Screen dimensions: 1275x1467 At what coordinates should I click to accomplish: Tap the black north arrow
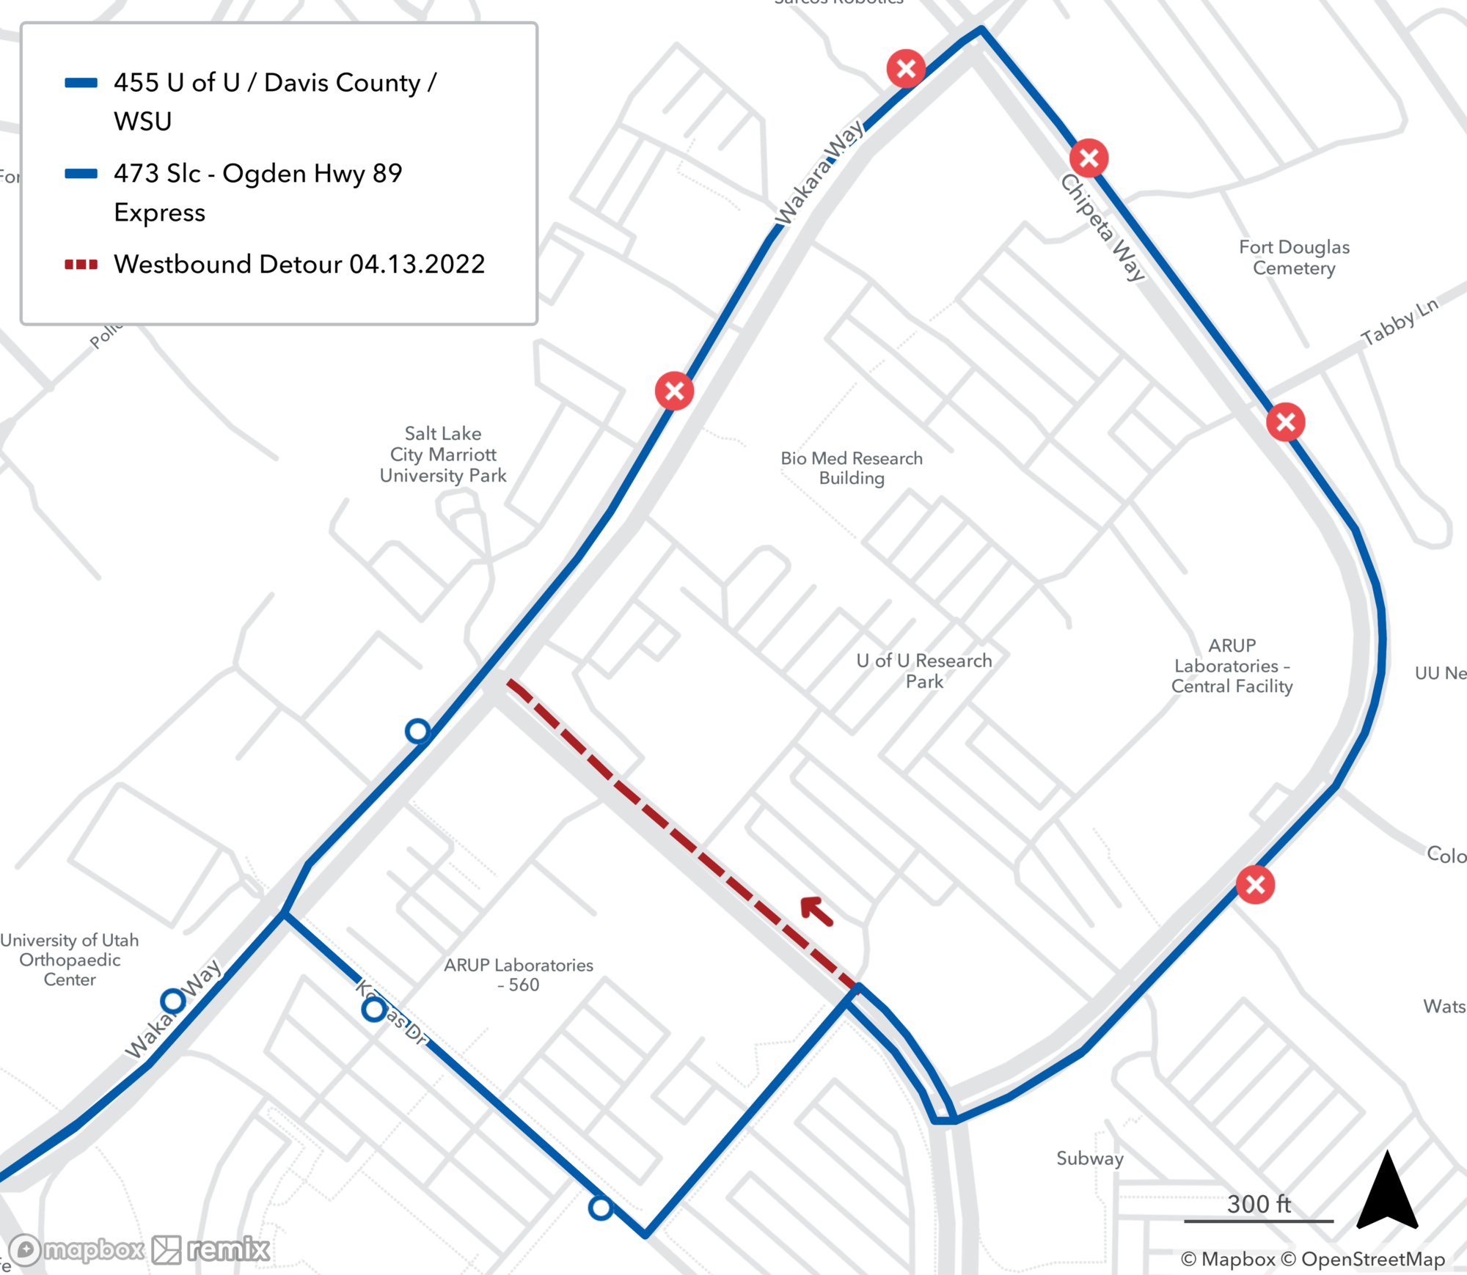(1386, 1192)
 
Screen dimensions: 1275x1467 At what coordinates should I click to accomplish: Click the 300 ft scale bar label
(1259, 1204)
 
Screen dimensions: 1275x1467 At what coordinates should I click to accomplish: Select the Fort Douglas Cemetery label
(1294, 257)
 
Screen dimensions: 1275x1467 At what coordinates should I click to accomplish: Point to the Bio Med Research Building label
(852, 468)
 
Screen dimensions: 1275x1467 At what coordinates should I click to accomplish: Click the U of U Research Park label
(924, 671)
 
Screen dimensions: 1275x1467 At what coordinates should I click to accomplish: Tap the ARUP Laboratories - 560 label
(519, 974)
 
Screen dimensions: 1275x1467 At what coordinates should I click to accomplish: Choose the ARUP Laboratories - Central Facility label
(1232, 666)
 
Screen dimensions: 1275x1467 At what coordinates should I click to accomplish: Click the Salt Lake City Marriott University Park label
(443, 455)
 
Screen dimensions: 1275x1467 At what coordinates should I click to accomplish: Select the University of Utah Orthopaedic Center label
(70, 960)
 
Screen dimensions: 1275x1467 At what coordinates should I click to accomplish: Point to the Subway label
(1089, 1158)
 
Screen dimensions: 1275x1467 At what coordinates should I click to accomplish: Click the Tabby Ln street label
(1399, 322)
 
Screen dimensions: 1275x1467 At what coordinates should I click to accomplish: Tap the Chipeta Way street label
(1102, 227)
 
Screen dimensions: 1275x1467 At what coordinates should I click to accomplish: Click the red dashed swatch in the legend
(81, 265)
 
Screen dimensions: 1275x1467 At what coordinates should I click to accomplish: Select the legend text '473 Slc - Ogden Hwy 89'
(257, 174)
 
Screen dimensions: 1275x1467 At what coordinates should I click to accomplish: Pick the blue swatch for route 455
(81, 83)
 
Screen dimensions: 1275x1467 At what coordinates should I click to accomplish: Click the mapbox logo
(77, 1249)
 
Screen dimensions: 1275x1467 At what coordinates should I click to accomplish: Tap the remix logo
(211, 1249)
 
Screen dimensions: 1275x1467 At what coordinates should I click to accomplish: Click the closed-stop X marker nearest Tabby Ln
(1285, 422)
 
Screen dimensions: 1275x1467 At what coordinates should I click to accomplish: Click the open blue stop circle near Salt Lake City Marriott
(418, 731)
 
